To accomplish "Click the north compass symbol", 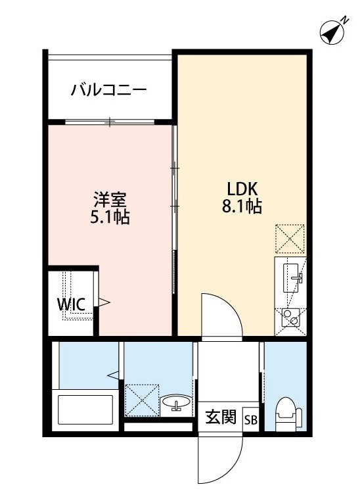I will coord(334,32).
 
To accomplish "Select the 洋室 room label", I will coord(110,197).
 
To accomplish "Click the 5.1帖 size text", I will coord(110,217).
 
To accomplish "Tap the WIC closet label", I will coord(70,304).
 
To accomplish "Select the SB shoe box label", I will coord(251,419).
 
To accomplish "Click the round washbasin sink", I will coord(175,402).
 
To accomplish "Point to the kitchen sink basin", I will coord(290,276).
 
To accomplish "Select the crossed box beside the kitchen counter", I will coord(290,239).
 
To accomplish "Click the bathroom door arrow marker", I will coord(113,375).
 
